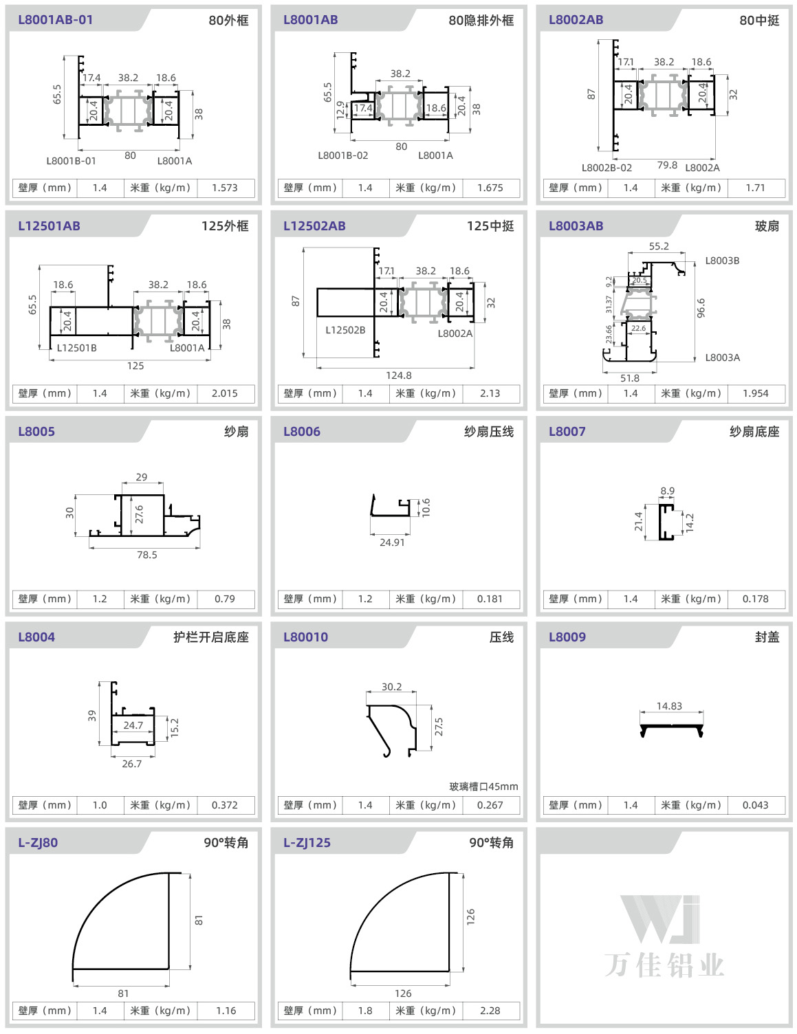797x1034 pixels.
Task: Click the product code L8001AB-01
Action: tap(55, 19)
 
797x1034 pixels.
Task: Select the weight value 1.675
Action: tap(490, 188)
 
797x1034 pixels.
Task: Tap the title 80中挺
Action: tap(759, 20)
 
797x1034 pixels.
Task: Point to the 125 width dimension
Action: tap(135, 366)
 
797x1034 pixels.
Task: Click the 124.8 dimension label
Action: tap(399, 375)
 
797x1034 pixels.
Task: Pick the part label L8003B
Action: tap(722, 261)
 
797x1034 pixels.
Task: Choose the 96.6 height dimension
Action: tap(701, 308)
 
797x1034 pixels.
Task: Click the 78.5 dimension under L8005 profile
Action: tap(147, 554)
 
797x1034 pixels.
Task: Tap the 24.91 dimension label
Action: tap(392, 542)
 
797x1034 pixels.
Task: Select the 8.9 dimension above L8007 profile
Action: tap(667, 491)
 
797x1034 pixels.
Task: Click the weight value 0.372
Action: tap(225, 804)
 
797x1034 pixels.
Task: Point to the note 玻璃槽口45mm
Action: tap(483, 786)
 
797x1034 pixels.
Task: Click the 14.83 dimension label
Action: tap(669, 705)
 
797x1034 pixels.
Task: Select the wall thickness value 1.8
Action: tap(365, 1010)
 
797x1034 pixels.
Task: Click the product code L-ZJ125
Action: tap(307, 842)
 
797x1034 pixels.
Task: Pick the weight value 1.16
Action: tap(226, 1010)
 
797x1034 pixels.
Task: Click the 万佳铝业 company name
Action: tap(664, 965)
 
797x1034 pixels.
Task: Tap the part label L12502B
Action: tap(345, 330)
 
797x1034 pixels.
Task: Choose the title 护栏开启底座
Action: tap(211, 637)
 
